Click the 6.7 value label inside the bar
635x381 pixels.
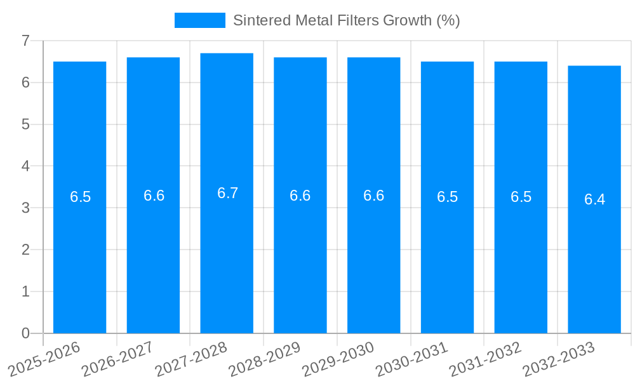coord(227,194)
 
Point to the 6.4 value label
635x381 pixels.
coord(594,200)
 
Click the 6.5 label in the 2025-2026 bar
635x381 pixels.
coord(80,197)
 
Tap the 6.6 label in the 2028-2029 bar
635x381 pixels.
coord(300,196)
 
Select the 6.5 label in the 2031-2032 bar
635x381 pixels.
coord(521,197)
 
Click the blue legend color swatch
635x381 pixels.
coord(199,20)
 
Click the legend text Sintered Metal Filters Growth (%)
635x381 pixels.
coord(346,20)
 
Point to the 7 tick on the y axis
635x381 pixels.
coord(25,41)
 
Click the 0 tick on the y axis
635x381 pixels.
coord(25,333)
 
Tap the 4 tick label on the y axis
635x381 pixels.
coord(25,166)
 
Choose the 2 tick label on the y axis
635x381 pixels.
coord(25,250)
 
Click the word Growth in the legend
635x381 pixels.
coord(408,20)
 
